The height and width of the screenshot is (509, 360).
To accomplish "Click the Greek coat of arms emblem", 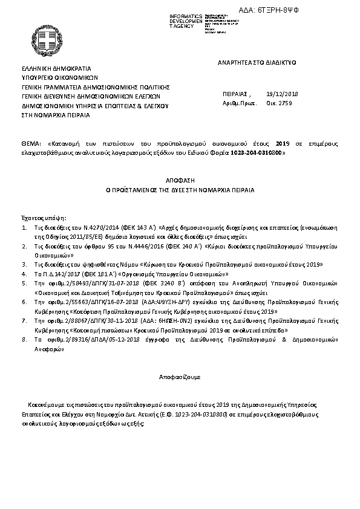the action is [x=47, y=41].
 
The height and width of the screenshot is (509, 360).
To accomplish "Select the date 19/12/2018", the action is [x=282, y=94].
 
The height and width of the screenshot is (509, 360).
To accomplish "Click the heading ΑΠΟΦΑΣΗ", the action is [x=180, y=180].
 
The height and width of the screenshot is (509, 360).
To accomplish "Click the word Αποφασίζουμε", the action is [x=180, y=376].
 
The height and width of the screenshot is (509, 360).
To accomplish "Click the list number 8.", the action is [x=24, y=340].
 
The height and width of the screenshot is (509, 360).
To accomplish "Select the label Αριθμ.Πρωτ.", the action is [x=236, y=103].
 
